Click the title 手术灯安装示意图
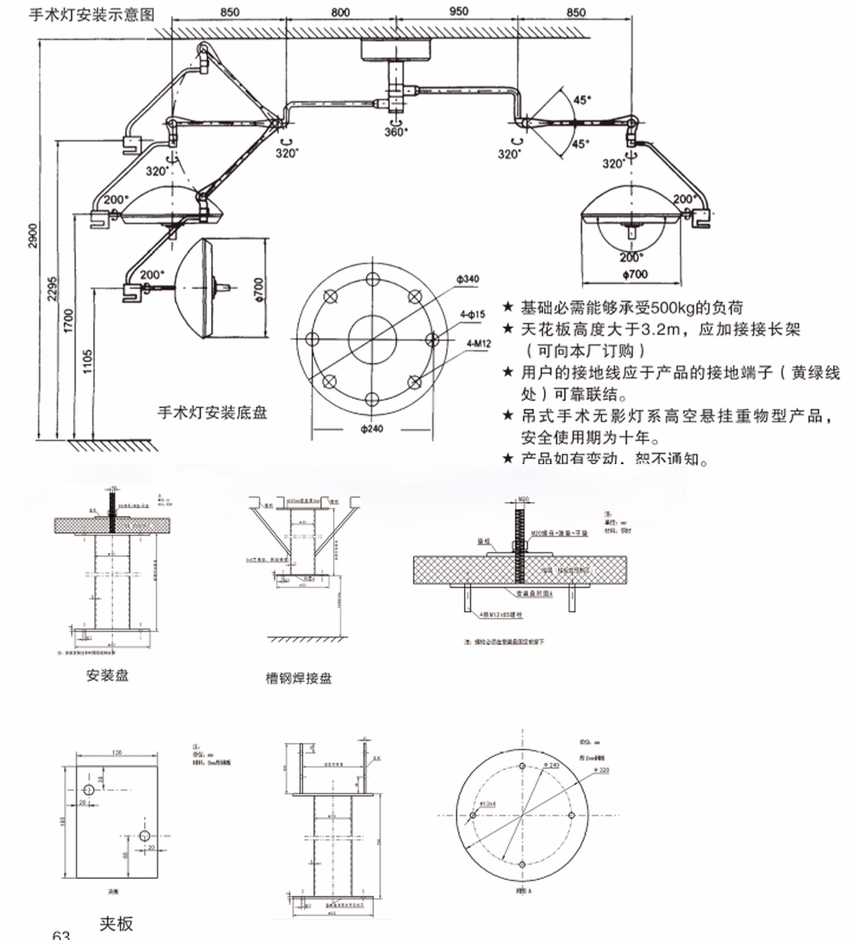tap(91, 14)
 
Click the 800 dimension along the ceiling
tap(340, 12)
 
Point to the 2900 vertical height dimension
tap(33, 235)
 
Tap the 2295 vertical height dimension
tap(52, 288)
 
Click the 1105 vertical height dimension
tap(88, 362)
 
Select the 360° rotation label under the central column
tap(396, 132)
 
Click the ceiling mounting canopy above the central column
tap(396, 50)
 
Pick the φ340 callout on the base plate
tap(468, 278)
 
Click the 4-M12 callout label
tap(479, 343)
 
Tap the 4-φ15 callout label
tap(473, 314)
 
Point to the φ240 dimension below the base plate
tap(372, 429)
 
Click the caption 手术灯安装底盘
tap(212, 412)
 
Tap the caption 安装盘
tap(107, 676)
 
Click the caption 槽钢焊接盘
tap(299, 678)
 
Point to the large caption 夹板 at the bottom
tap(116, 924)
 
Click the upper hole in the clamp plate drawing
tap(89, 790)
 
